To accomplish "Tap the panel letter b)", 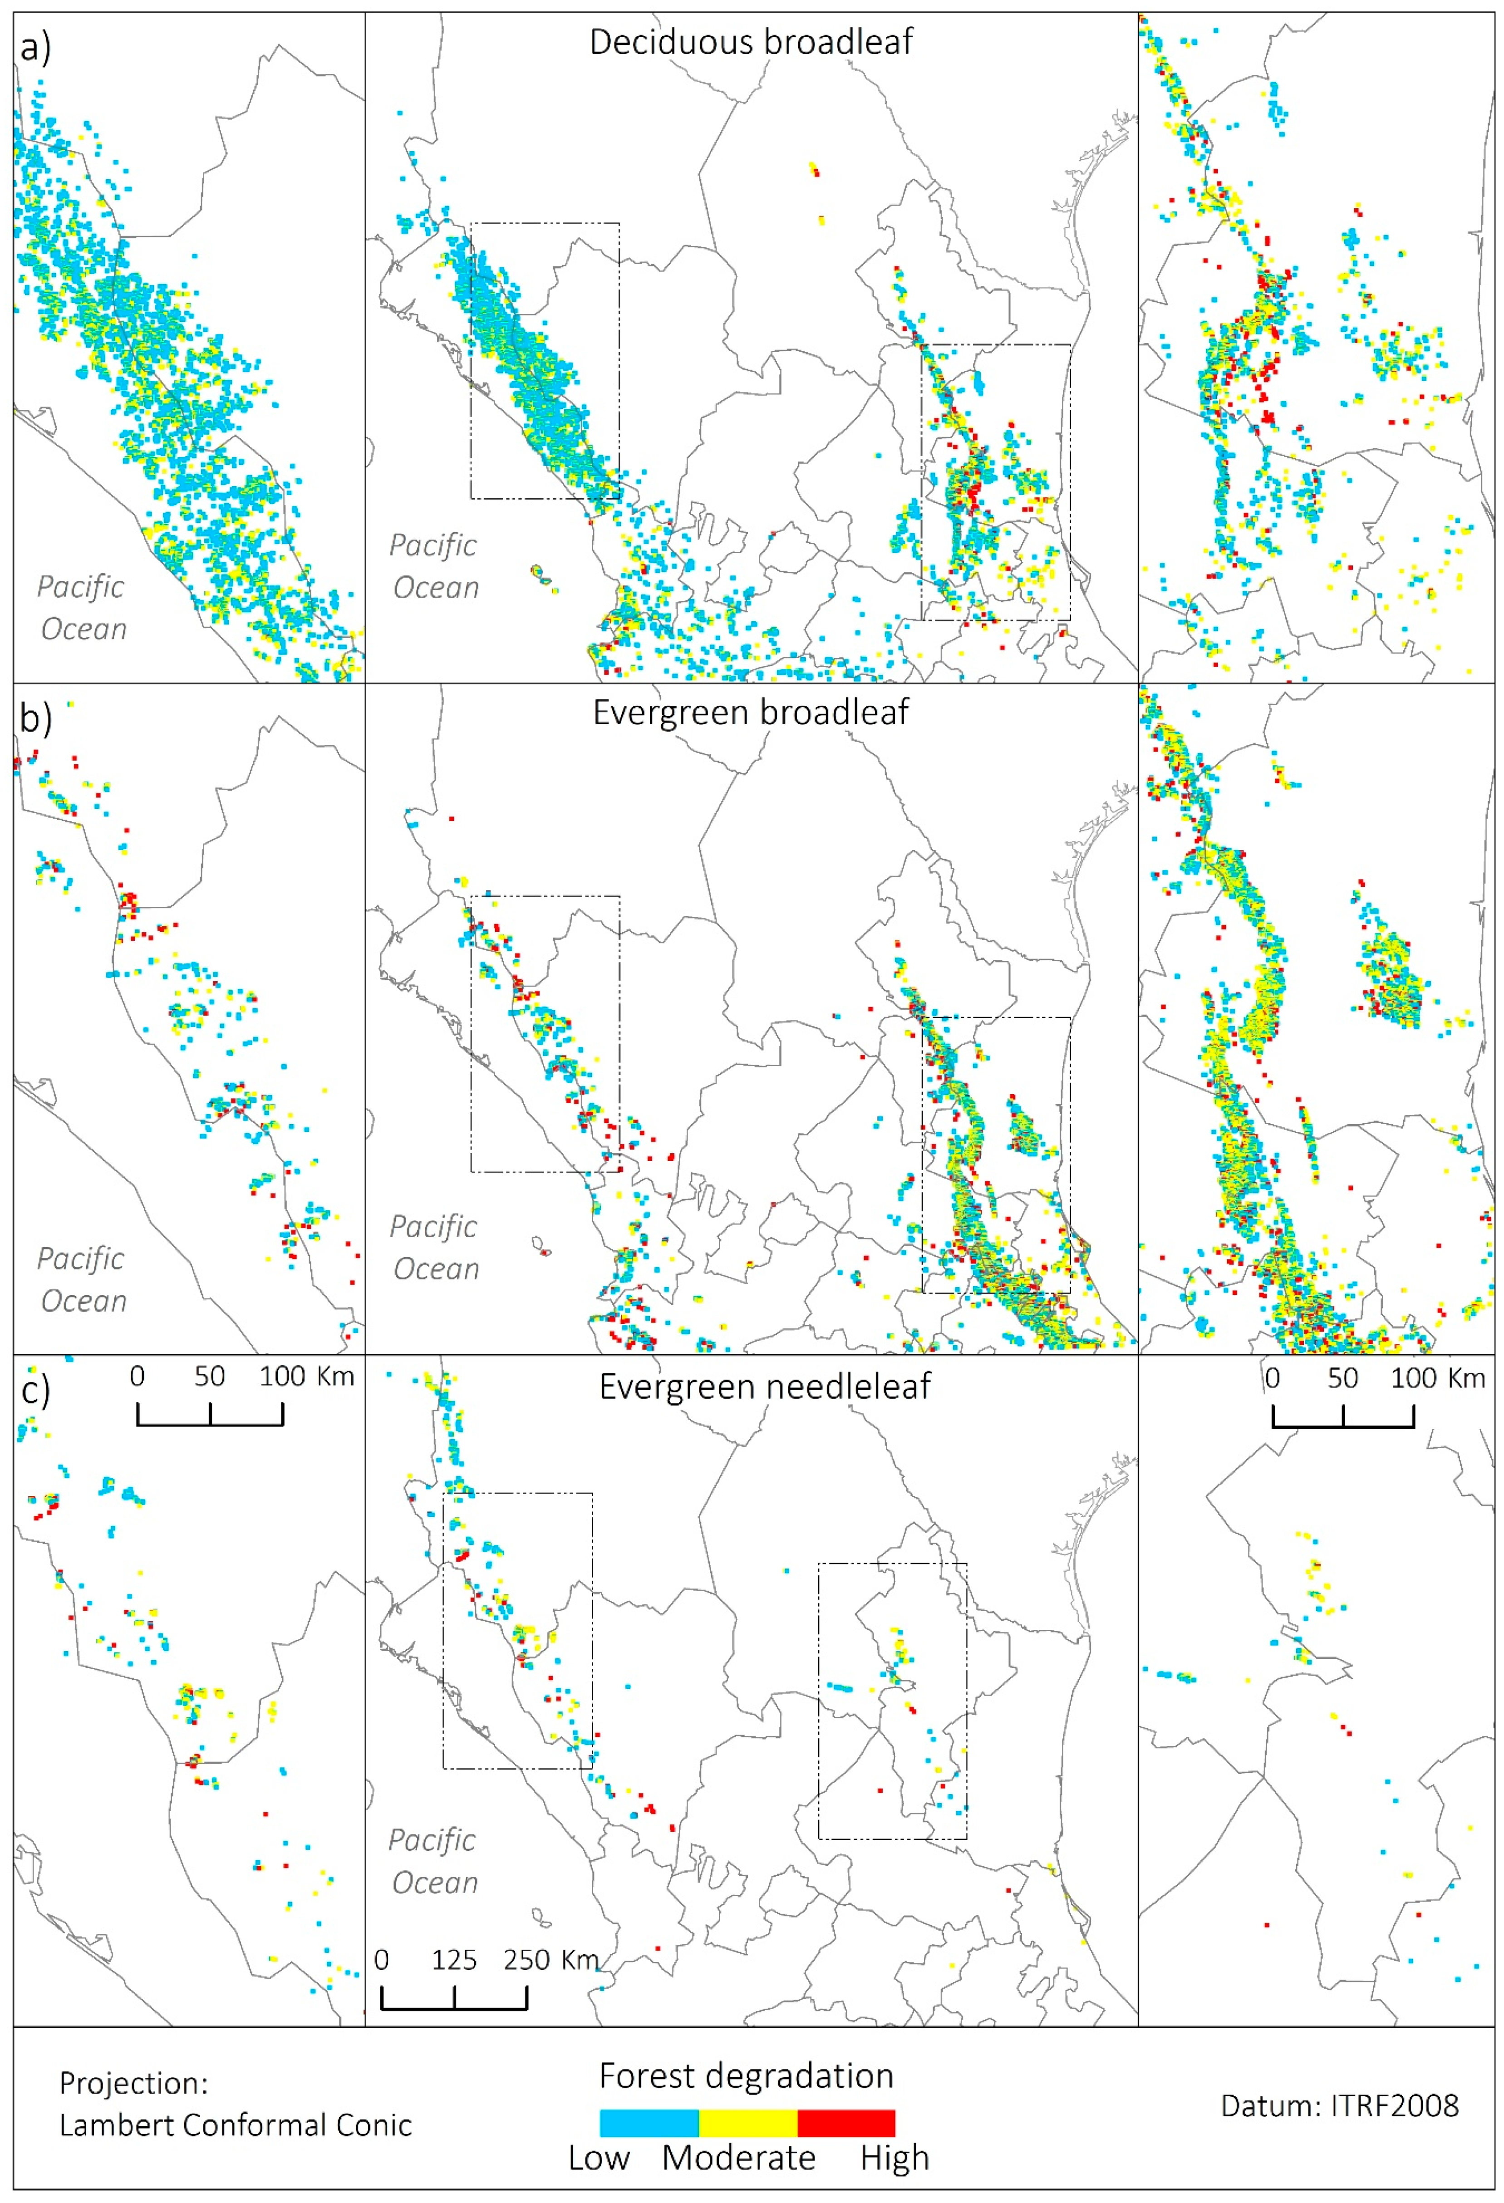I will tap(35, 718).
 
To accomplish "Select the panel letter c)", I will tap(35, 1391).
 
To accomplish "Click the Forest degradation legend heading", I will tap(746, 2076).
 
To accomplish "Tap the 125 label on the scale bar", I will tap(454, 1959).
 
